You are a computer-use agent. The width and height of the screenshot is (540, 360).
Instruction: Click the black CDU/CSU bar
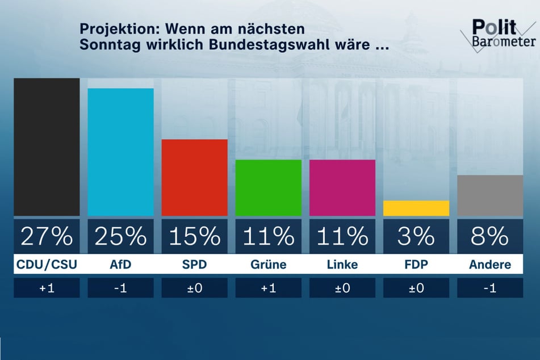coord(47,147)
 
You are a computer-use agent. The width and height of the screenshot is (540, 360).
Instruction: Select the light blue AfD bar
coord(120,152)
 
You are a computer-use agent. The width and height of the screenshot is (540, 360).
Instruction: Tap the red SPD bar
coord(194,178)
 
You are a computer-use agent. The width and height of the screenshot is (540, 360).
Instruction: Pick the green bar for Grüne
coord(268,188)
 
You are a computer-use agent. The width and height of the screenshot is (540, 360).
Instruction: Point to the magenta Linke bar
coord(342,188)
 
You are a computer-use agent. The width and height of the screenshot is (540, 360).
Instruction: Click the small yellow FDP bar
coord(416,208)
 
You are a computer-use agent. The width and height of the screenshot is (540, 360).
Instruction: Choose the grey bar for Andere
coord(489,196)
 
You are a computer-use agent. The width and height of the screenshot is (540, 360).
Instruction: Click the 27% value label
coord(47,236)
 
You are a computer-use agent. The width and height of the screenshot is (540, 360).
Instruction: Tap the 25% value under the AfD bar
coord(120,236)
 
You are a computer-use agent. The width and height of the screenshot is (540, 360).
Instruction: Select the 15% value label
coord(194,236)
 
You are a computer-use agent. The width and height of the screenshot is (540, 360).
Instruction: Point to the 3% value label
coord(416,236)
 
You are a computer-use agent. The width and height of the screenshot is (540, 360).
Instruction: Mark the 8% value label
coord(489,236)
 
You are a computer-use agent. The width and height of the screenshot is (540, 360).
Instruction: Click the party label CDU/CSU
coord(47,265)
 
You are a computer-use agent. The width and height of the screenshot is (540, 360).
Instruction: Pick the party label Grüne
coord(268,265)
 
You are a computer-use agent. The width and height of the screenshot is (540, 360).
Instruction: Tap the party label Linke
coord(342,265)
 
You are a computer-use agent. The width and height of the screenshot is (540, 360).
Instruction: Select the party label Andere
coord(489,265)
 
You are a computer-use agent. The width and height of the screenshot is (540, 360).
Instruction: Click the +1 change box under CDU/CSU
coord(47,288)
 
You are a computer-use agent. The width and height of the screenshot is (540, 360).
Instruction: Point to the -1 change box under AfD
coord(120,288)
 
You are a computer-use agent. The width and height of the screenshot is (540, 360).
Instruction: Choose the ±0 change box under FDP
coord(416,288)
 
